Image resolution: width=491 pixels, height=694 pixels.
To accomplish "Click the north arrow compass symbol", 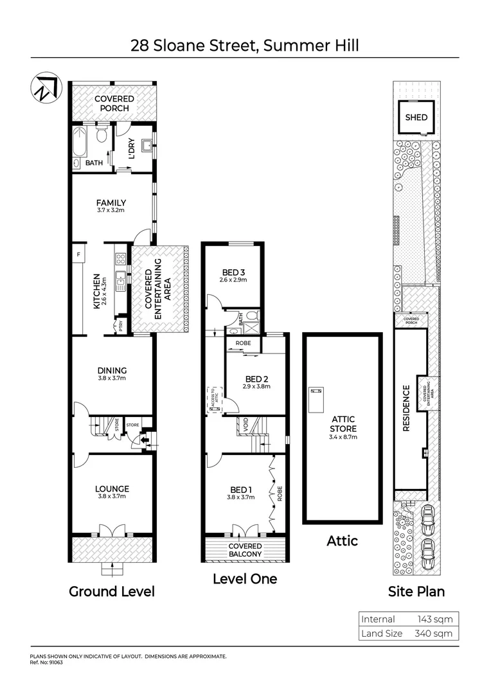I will click(x=43, y=89).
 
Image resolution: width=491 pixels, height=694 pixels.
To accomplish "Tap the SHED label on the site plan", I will click(x=416, y=118).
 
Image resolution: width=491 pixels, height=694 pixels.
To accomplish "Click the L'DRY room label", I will click(x=131, y=149).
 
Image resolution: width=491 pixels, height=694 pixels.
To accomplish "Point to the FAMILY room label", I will click(x=112, y=203).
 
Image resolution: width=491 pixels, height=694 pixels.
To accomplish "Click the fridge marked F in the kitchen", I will click(x=78, y=254).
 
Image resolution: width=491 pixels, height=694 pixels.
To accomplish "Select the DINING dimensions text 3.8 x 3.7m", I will click(x=112, y=378).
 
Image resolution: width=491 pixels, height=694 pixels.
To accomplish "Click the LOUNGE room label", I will click(x=112, y=488).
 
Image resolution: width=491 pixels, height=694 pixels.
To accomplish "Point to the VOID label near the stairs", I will click(x=245, y=424).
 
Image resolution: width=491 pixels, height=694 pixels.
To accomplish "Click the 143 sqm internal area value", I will click(x=435, y=619).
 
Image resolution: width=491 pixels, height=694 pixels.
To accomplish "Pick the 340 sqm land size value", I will click(x=435, y=634).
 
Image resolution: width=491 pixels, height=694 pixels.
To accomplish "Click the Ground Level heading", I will click(x=112, y=591).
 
